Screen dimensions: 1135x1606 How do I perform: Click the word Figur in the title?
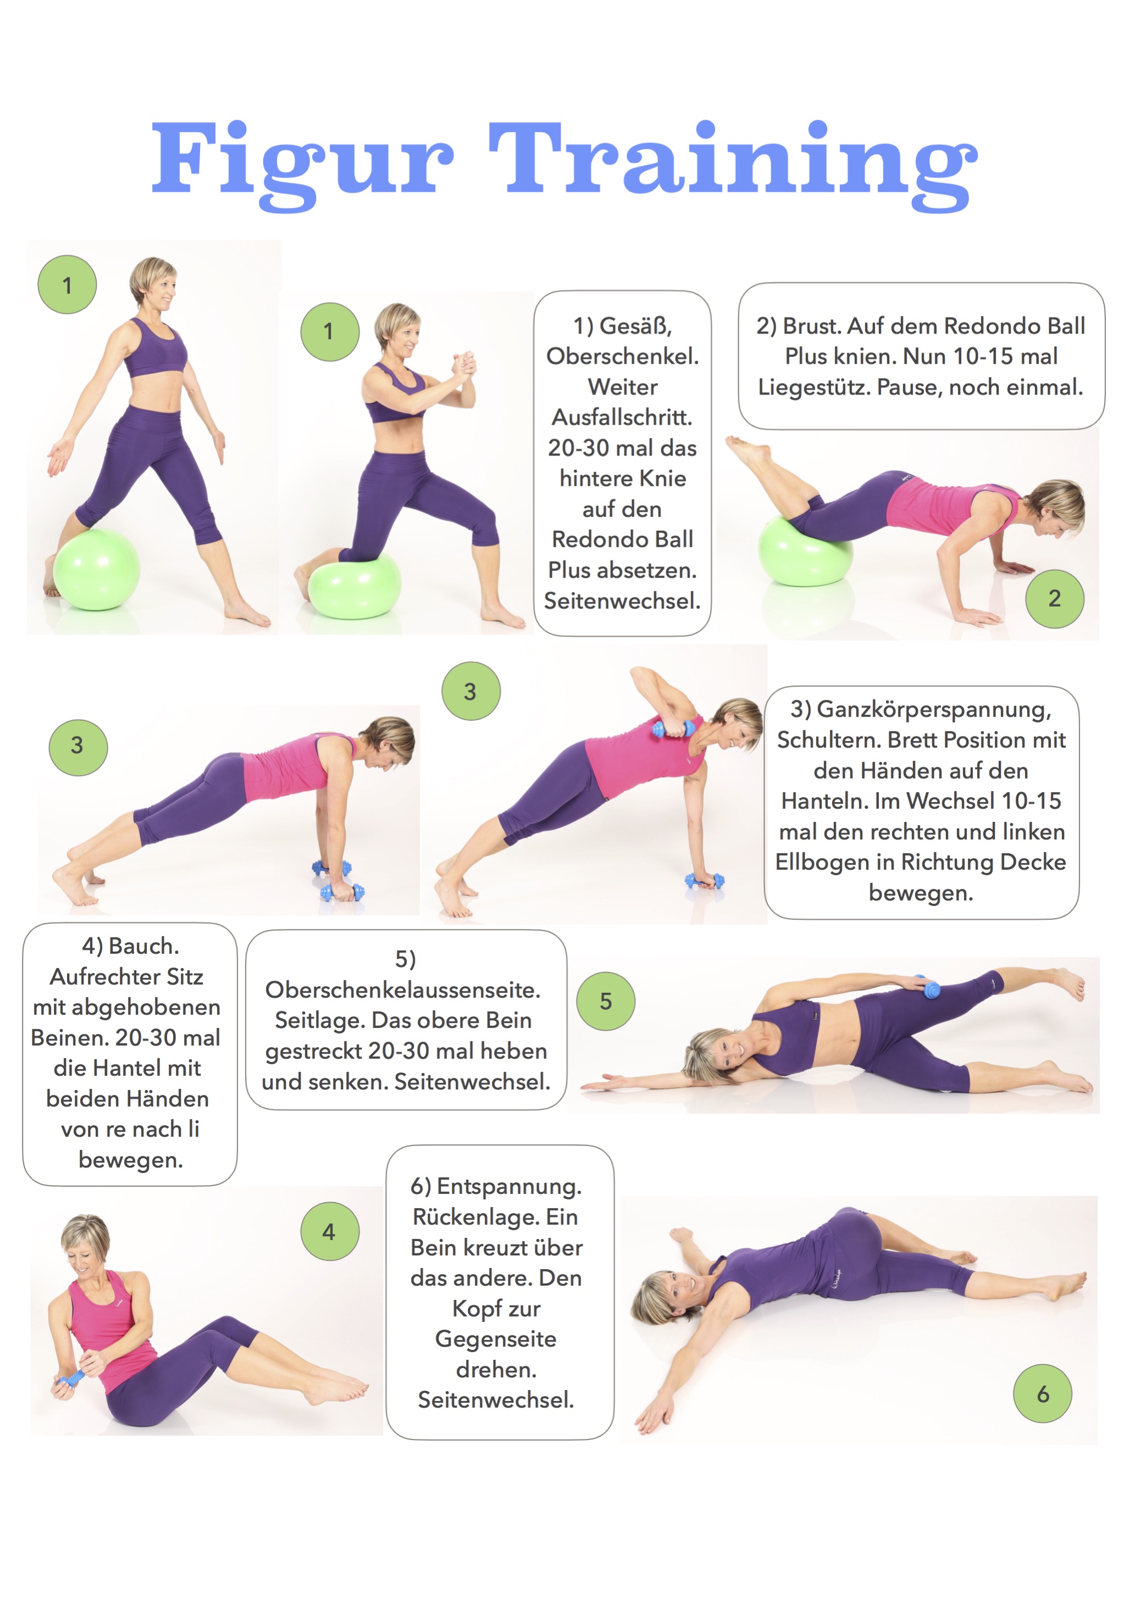click(x=302, y=165)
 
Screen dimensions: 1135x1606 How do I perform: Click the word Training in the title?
click(x=733, y=165)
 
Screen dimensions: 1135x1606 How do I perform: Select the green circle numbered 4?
click(x=330, y=1231)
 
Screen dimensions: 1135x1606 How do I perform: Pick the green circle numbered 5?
click(x=606, y=1001)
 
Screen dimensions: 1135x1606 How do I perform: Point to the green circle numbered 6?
click(x=1043, y=1393)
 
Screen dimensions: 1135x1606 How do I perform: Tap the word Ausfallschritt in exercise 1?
click(x=622, y=418)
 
